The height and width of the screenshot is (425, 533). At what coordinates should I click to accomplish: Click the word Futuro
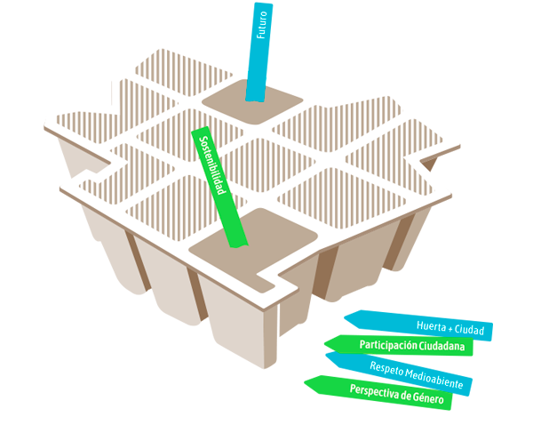pyautogui.click(x=262, y=24)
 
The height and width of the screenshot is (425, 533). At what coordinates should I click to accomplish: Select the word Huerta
pyautogui.click(x=432, y=325)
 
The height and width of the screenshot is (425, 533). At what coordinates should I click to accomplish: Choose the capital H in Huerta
pyautogui.click(x=418, y=325)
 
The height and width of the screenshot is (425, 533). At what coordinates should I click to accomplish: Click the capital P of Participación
pyautogui.click(x=362, y=345)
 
